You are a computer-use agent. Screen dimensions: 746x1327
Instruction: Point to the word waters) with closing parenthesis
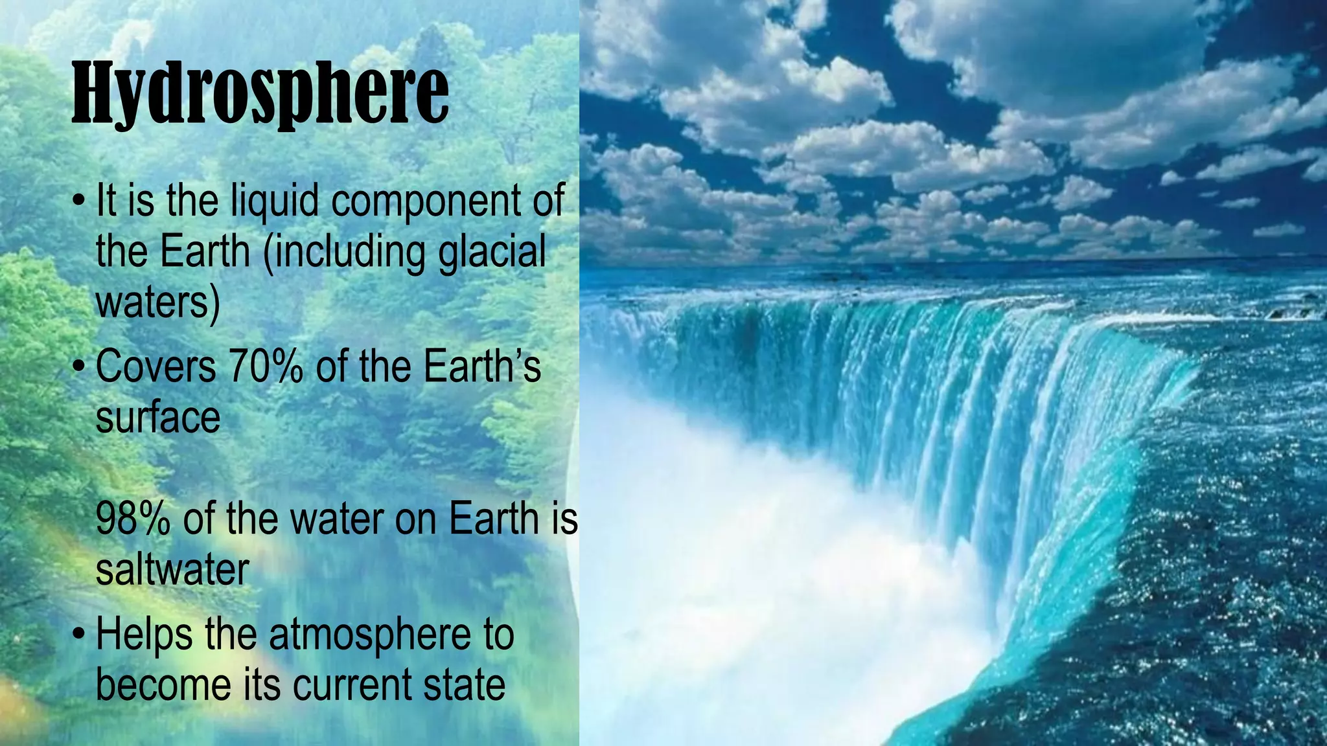pos(158,302)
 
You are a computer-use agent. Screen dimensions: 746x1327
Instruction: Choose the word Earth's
pos(482,367)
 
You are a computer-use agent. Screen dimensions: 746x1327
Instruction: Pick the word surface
pos(158,418)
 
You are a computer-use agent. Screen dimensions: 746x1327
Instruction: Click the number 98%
pos(133,519)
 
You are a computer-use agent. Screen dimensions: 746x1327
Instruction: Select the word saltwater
pos(172,570)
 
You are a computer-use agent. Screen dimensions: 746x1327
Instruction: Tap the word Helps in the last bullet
pos(144,635)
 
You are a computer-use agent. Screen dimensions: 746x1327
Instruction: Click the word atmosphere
pos(370,635)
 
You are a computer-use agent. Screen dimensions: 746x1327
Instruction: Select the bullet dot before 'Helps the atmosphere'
pos(78,635)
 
